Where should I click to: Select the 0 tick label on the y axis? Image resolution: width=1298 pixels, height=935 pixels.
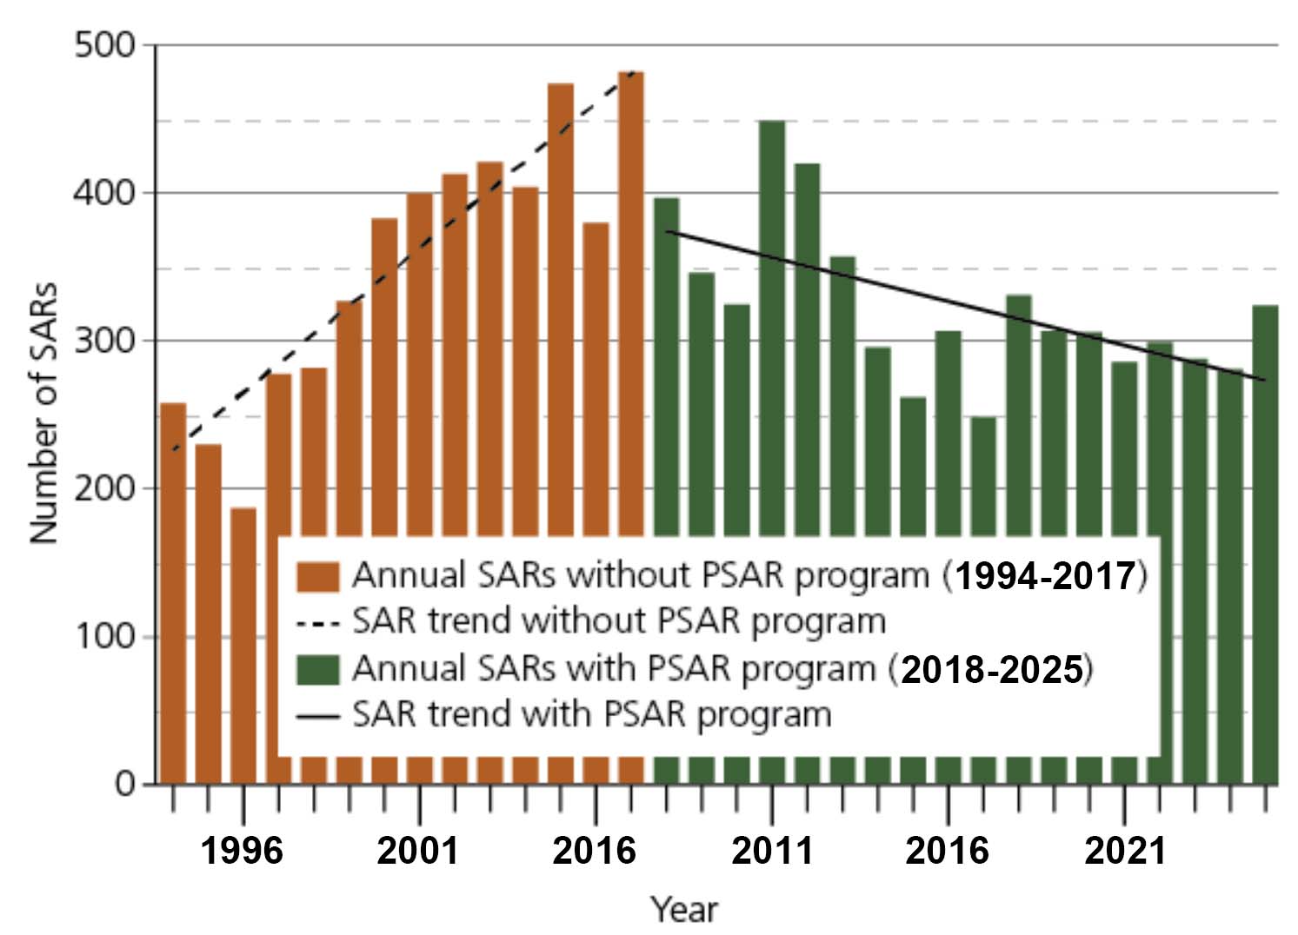(x=125, y=785)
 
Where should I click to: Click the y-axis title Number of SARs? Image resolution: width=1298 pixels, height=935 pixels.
(x=43, y=414)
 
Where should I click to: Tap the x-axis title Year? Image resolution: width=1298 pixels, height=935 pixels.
(x=685, y=910)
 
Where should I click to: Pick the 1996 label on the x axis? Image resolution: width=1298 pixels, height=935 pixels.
(x=243, y=851)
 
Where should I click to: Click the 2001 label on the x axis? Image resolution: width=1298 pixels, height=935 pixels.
(x=418, y=851)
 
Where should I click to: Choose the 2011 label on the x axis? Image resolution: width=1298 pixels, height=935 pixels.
(x=772, y=851)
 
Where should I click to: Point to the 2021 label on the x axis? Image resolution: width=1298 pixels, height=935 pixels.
(x=1125, y=851)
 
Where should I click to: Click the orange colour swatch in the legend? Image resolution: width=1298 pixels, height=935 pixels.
(x=317, y=576)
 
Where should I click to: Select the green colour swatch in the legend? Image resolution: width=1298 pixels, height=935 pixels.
(x=317, y=669)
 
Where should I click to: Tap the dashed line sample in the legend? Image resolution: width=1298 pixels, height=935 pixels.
(x=317, y=623)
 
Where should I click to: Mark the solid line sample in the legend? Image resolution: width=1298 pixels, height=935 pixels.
(x=317, y=717)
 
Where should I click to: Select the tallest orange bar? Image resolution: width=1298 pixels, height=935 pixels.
(x=631, y=304)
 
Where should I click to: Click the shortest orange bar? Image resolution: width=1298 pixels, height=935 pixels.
(x=243, y=521)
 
